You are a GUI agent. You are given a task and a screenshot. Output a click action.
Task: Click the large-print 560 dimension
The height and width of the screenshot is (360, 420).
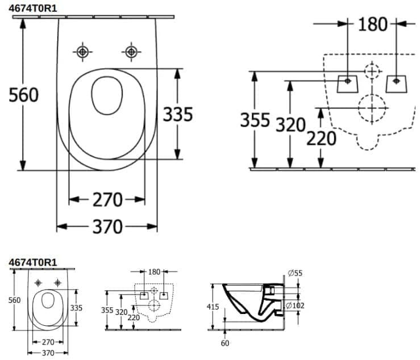[24, 95]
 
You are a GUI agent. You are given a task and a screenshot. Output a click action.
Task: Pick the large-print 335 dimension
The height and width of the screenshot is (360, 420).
[178, 114]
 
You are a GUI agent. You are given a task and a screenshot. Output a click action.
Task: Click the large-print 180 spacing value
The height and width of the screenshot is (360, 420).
[373, 24]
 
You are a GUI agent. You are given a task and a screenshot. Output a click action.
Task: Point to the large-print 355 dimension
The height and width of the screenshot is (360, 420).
[254, 120]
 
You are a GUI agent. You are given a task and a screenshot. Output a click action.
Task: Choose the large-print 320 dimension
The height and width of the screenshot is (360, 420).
[290, 124]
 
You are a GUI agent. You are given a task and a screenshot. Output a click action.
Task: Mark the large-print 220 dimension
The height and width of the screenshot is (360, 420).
[321, 137]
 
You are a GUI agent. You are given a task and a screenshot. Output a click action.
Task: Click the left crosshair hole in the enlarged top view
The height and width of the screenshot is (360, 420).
[84, 52]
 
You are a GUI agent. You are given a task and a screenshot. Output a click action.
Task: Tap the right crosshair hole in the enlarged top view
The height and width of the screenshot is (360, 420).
[131, 52]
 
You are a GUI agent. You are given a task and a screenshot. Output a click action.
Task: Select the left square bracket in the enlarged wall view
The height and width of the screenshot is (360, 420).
[348, 83]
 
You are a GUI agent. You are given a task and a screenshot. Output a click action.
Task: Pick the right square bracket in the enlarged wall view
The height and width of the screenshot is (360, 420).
[396, 83]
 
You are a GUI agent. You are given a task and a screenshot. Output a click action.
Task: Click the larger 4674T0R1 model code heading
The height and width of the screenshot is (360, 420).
[34, 8]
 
